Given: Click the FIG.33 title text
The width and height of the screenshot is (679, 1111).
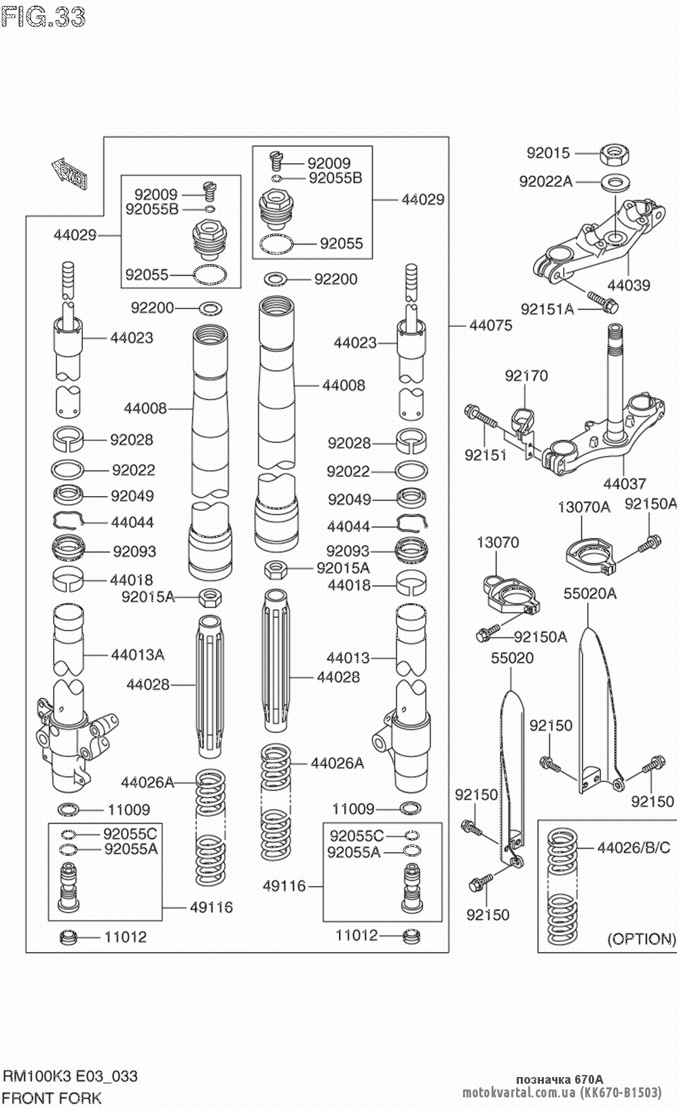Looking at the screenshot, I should point(43,16).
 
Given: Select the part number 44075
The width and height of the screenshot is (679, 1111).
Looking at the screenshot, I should point(490,325).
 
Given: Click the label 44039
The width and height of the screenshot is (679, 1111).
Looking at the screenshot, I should point(628,285).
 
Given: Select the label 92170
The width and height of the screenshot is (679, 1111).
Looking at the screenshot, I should point(526,376).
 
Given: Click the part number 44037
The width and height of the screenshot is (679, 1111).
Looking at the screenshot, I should point(625,484).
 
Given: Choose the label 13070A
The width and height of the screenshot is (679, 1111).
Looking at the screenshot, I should point(584,507).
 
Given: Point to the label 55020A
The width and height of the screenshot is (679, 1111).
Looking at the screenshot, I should point(589,594).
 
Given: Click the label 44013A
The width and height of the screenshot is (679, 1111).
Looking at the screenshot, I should point(138,655).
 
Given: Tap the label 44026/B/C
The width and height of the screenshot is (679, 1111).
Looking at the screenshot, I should point(634,847).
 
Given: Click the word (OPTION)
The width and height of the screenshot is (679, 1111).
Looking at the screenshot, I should point(641,939).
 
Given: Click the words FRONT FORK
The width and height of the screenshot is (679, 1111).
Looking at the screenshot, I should point(52,1098).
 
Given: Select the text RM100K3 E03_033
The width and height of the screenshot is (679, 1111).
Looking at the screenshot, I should point(70,1076).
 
